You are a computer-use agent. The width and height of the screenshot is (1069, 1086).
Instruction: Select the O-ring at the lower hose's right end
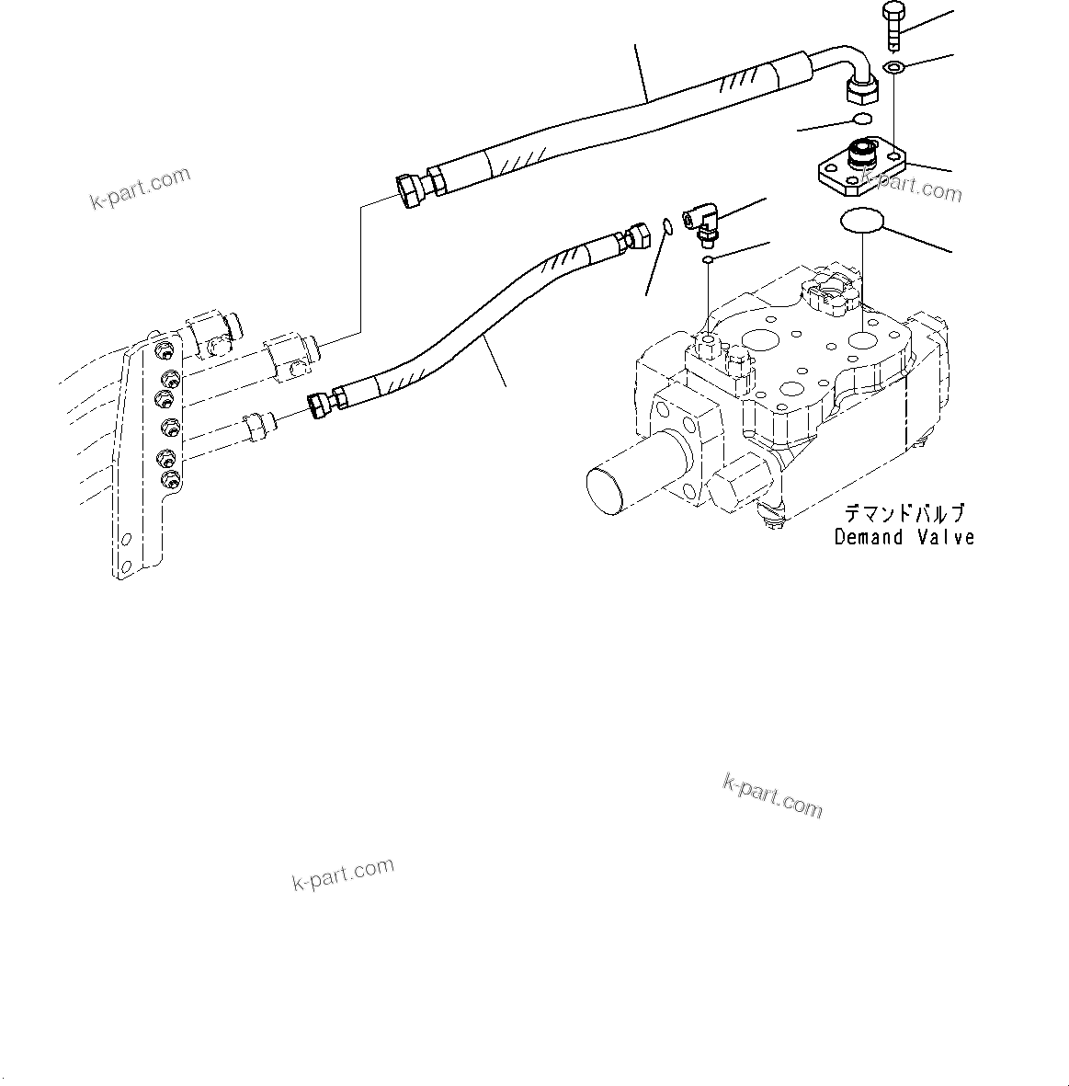tap(665, 225)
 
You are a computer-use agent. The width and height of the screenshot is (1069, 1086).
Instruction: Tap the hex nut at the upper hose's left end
tap(411, 190)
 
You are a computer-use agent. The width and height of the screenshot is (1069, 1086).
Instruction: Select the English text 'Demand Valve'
tap(904, 537)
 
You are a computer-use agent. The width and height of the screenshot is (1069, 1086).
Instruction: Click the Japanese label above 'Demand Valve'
tap(904, 514)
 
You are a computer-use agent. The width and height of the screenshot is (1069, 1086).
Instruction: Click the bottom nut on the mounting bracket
tap(171, 479)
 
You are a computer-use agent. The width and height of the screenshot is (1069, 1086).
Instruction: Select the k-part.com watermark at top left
tap(140, 188)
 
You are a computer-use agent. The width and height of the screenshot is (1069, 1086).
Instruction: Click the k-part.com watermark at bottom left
tap(343, 874)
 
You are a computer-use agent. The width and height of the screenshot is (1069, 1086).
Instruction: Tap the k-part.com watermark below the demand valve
tap(772, 794)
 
